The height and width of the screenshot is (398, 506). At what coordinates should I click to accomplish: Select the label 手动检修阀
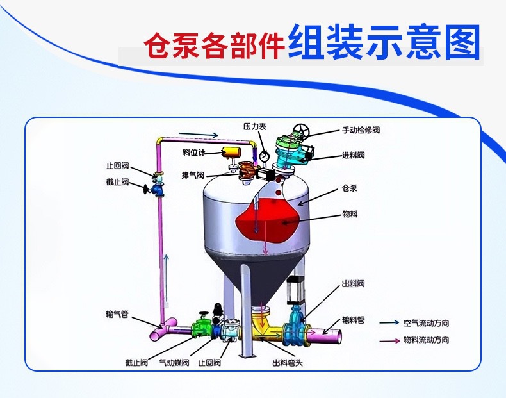point(361,130)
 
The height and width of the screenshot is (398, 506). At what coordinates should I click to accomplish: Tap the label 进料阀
point(353,155)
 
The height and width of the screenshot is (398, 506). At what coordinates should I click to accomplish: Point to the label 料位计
point(193,152)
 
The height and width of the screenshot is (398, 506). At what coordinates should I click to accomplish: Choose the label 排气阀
point(193,175)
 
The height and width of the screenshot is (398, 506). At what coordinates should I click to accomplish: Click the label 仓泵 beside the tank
point(350,189)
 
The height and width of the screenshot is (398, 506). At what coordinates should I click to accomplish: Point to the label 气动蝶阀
point(174,363)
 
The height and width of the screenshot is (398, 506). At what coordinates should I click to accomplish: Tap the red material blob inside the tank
point(269,221)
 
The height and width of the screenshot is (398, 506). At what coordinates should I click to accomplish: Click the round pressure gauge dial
point(264,154)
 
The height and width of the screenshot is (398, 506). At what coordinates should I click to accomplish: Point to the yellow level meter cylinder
point(229,151)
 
